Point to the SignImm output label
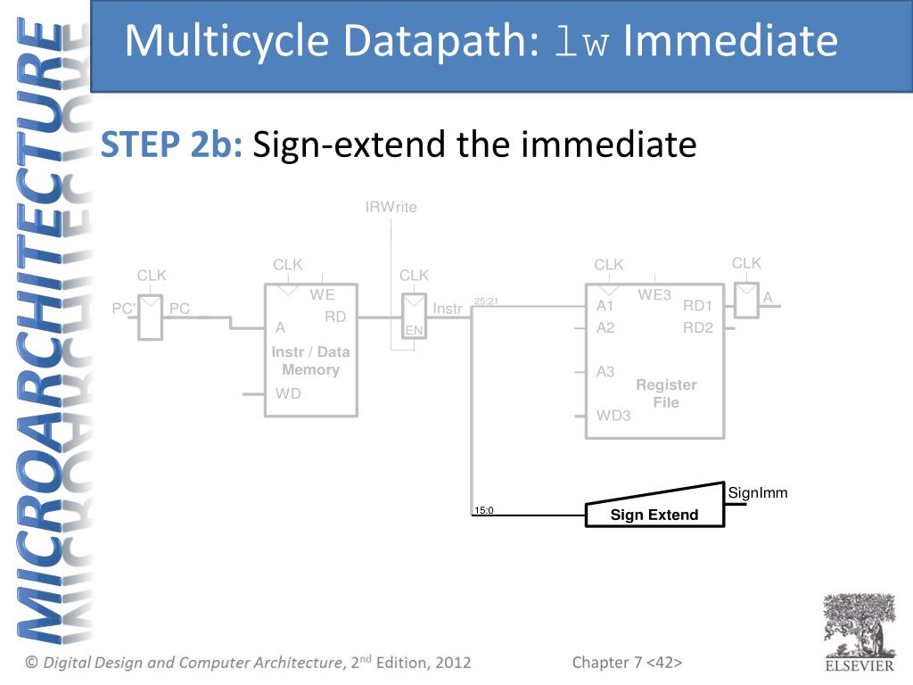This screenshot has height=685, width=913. (758, 492)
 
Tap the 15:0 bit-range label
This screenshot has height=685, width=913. (483, 510)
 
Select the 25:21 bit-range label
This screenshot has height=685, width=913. (486, 301)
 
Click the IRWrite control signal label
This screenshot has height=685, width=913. (391, 207)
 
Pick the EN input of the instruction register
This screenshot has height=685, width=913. (414, 331)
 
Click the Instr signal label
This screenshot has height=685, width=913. (448, 309)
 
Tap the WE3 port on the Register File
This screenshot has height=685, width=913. (654, 294)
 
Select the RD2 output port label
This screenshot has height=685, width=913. (697, 328)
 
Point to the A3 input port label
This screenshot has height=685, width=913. (605, 372)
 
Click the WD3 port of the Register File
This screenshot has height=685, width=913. (613, 416)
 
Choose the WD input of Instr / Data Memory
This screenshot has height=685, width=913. (288, 393)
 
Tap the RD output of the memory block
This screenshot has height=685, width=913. (335, 317)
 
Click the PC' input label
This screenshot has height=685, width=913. (123, 308)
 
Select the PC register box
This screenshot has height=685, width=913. (150, 318)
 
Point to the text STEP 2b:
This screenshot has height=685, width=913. (171, 144)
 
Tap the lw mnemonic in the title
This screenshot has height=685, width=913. (581, 41)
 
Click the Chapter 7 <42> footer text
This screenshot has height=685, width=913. (627, 663)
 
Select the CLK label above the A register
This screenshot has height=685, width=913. (746, 263)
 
